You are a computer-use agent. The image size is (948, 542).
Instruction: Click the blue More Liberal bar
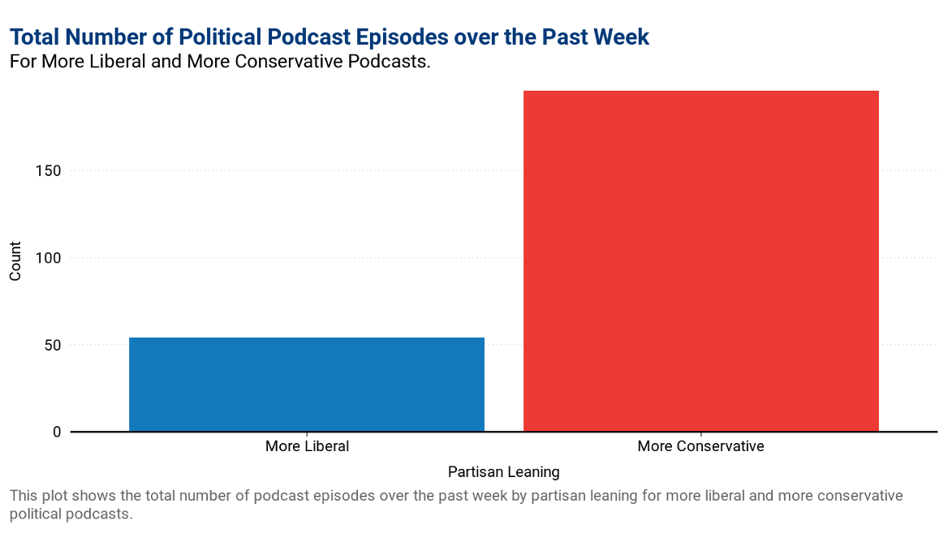point(307,384)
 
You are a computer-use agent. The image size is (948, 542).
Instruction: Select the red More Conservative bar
point(700,260)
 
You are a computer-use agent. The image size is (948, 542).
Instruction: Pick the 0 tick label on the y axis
point(56,432)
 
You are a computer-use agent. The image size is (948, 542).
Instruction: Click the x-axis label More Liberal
point(307,446)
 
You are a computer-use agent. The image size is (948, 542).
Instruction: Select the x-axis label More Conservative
point(700,446)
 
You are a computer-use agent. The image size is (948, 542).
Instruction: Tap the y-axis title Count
point(15,263)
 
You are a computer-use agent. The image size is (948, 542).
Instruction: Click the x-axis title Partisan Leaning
point(503,471)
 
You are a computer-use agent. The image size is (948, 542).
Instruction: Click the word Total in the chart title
point(35,37)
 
